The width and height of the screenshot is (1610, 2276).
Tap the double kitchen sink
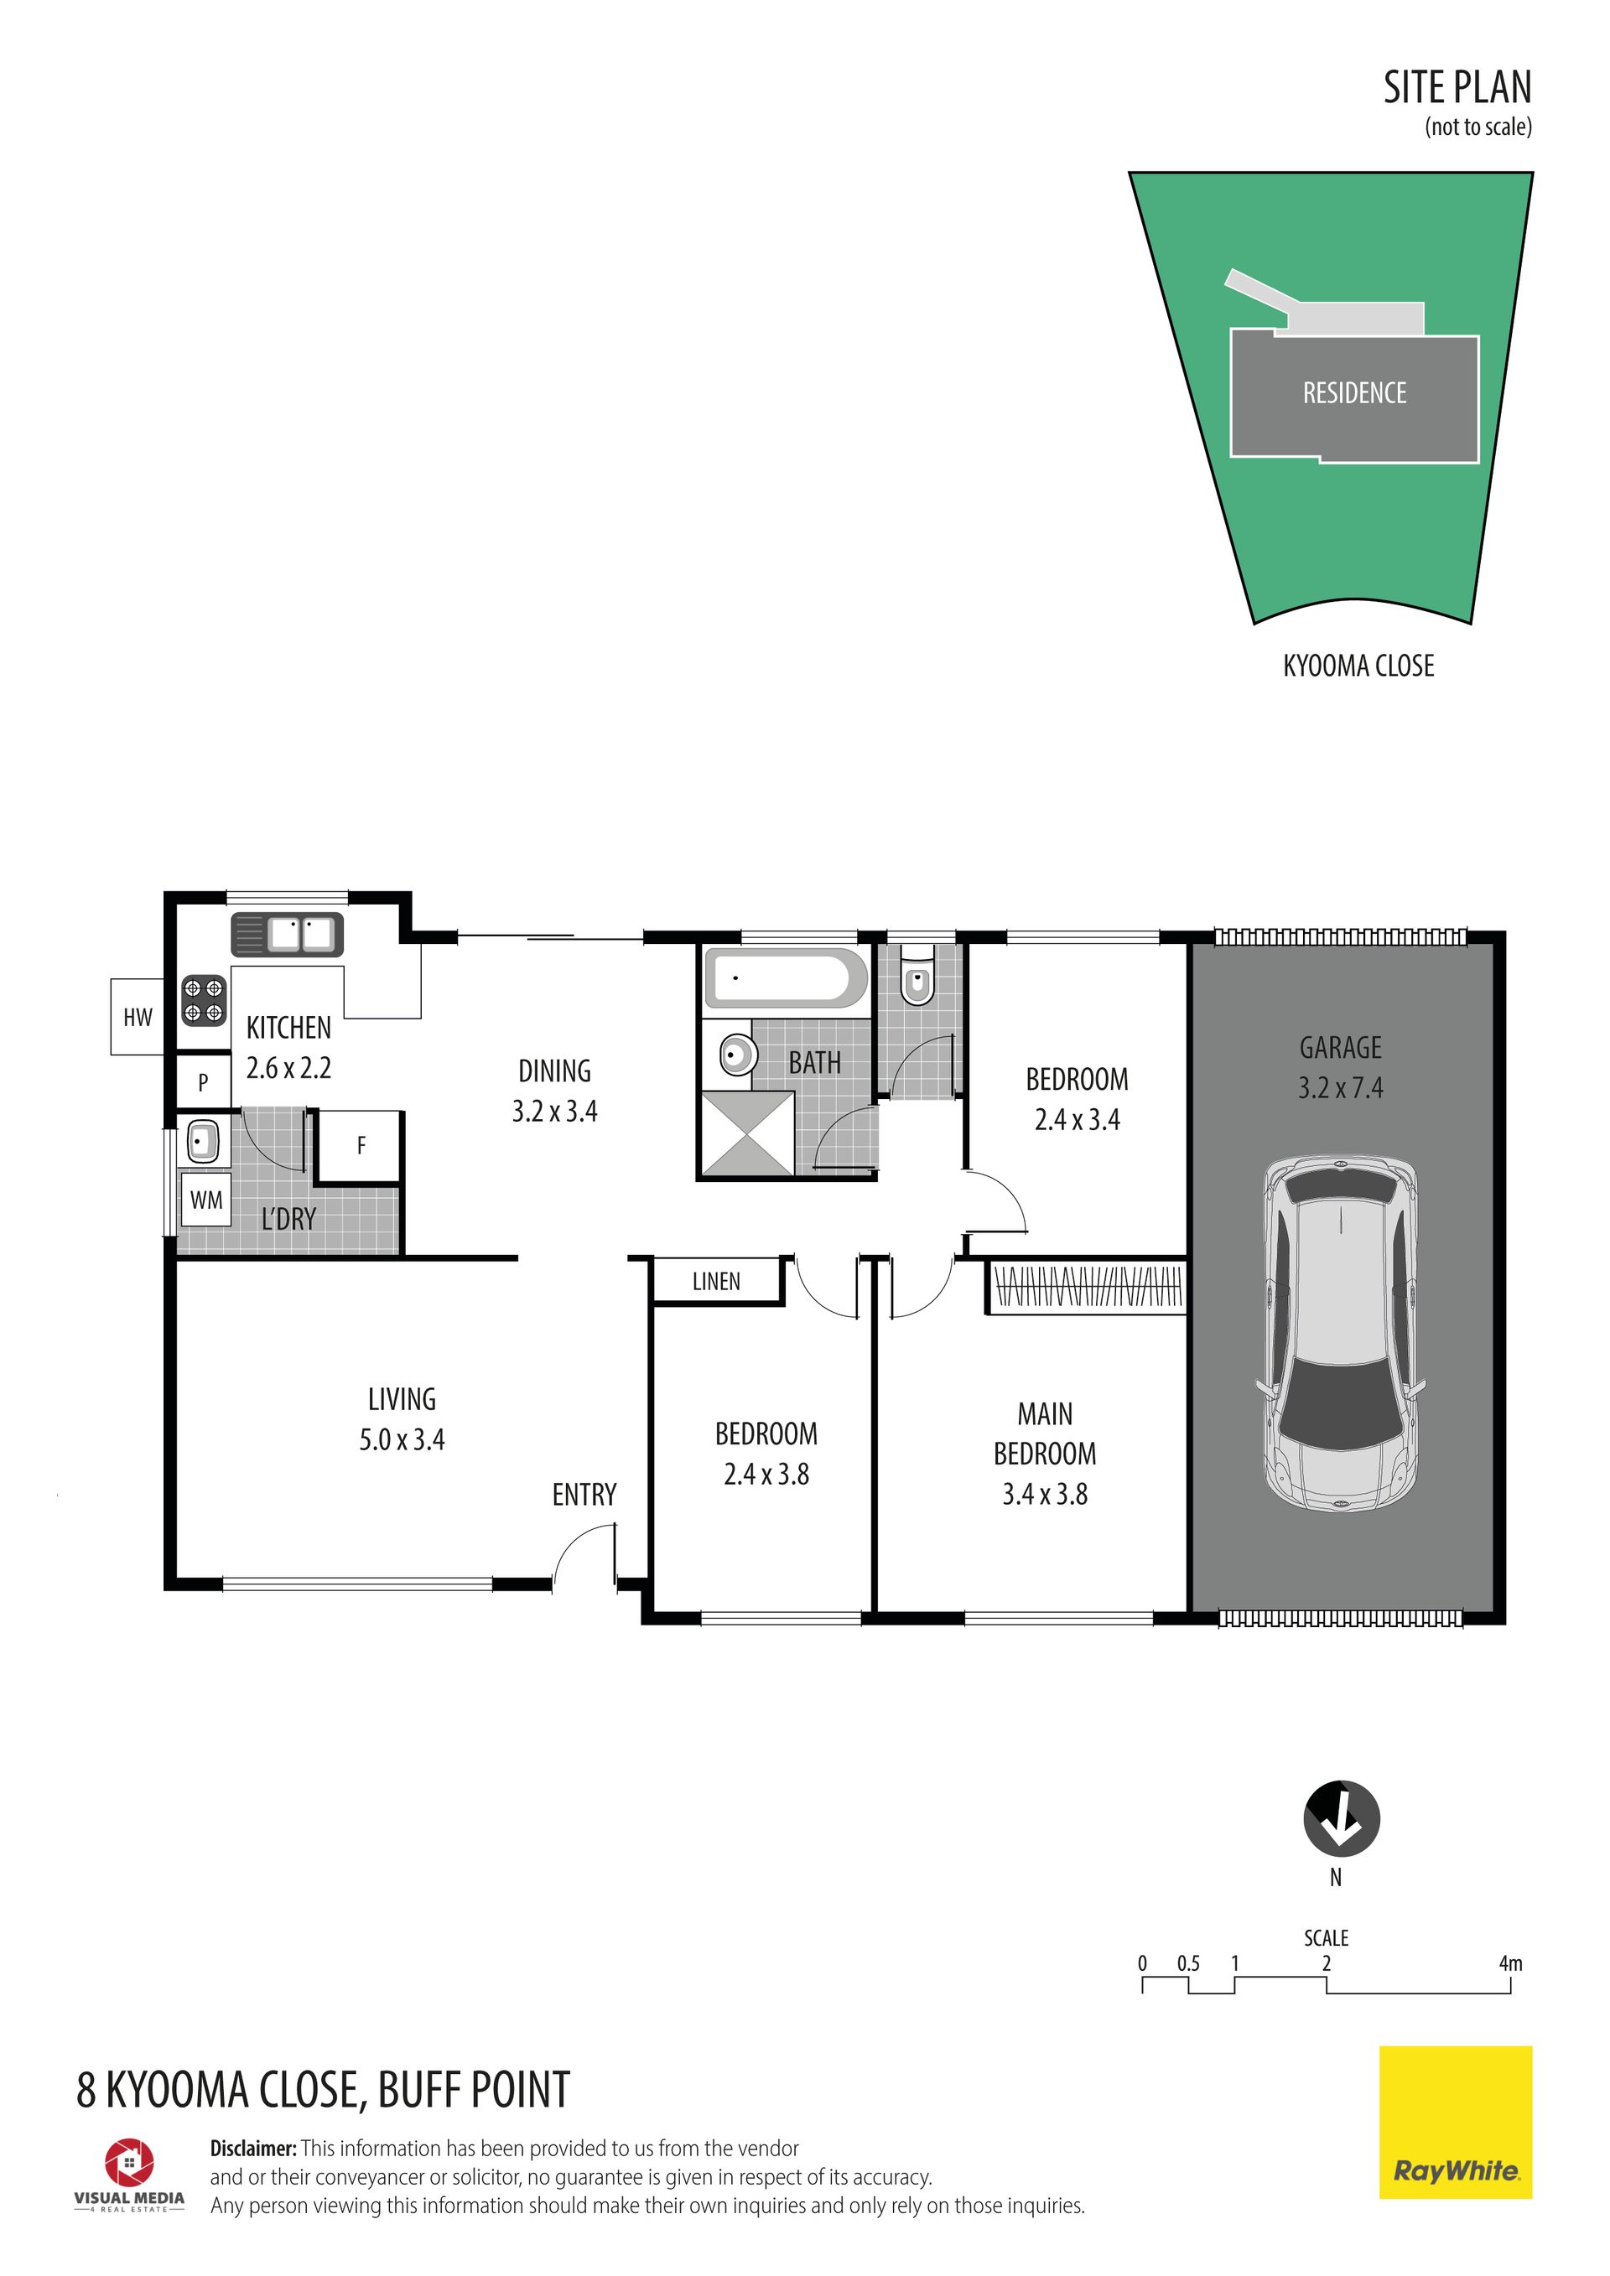coord(288,935)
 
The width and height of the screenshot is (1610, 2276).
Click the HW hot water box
coord(137,1016)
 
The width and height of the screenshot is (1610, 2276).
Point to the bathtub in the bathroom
coord(784,978)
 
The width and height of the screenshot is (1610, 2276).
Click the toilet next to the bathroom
coord(918,982)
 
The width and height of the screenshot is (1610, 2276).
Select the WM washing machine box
coord(205,1200)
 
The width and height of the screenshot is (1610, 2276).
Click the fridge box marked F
coord(360,1146)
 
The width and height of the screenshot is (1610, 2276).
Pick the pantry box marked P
coord(203,1082)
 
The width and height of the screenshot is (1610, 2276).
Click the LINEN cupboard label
coord(716,1282)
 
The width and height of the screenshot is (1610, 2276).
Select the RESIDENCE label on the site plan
coord(1354,393)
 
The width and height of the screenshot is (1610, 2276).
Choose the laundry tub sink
coord(202,1142)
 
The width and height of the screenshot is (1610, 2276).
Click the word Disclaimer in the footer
coord(252,2148)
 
